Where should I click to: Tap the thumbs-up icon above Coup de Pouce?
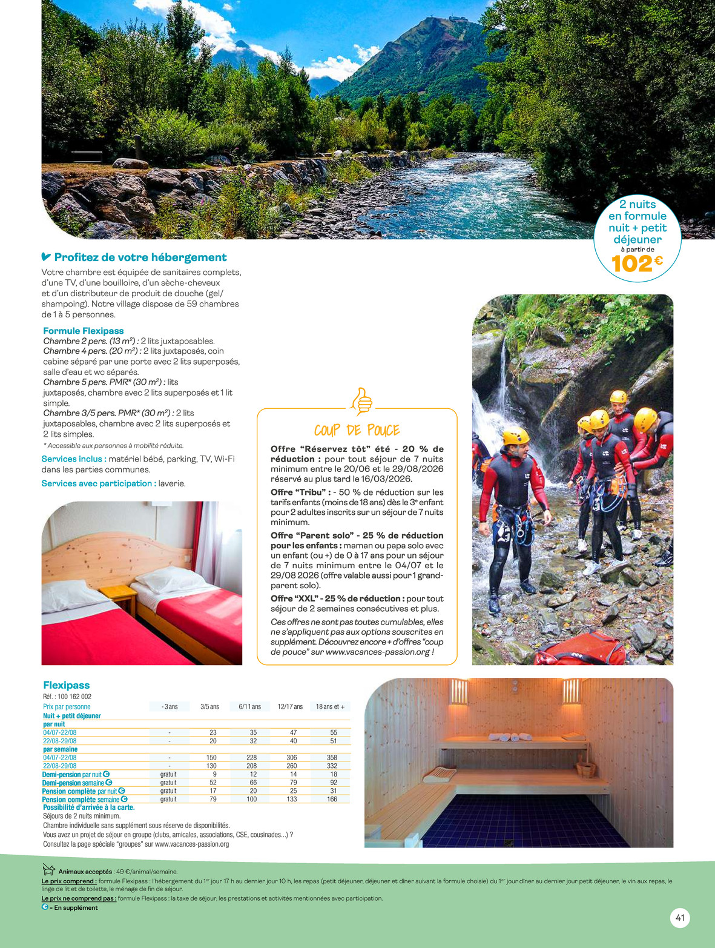click(361, 401)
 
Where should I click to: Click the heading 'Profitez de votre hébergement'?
click(140, 257)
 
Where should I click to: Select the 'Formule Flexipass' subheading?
click(84, 331)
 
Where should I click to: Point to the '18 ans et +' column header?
click(330, 706)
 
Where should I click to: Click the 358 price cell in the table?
click(332, 757)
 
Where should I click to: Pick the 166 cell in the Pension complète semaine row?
click(332, 799)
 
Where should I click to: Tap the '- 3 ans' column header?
click(170, 706)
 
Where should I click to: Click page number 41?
click(680, 918)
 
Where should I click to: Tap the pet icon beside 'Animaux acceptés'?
click(48, 870)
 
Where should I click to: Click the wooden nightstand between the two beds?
click(118, 597)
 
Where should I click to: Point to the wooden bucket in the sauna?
click(585, 767)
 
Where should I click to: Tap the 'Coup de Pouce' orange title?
click(357, 430)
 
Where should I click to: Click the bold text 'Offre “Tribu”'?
click(300, 492)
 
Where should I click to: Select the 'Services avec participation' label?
click(99, 483)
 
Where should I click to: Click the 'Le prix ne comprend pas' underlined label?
click(79, 898)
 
